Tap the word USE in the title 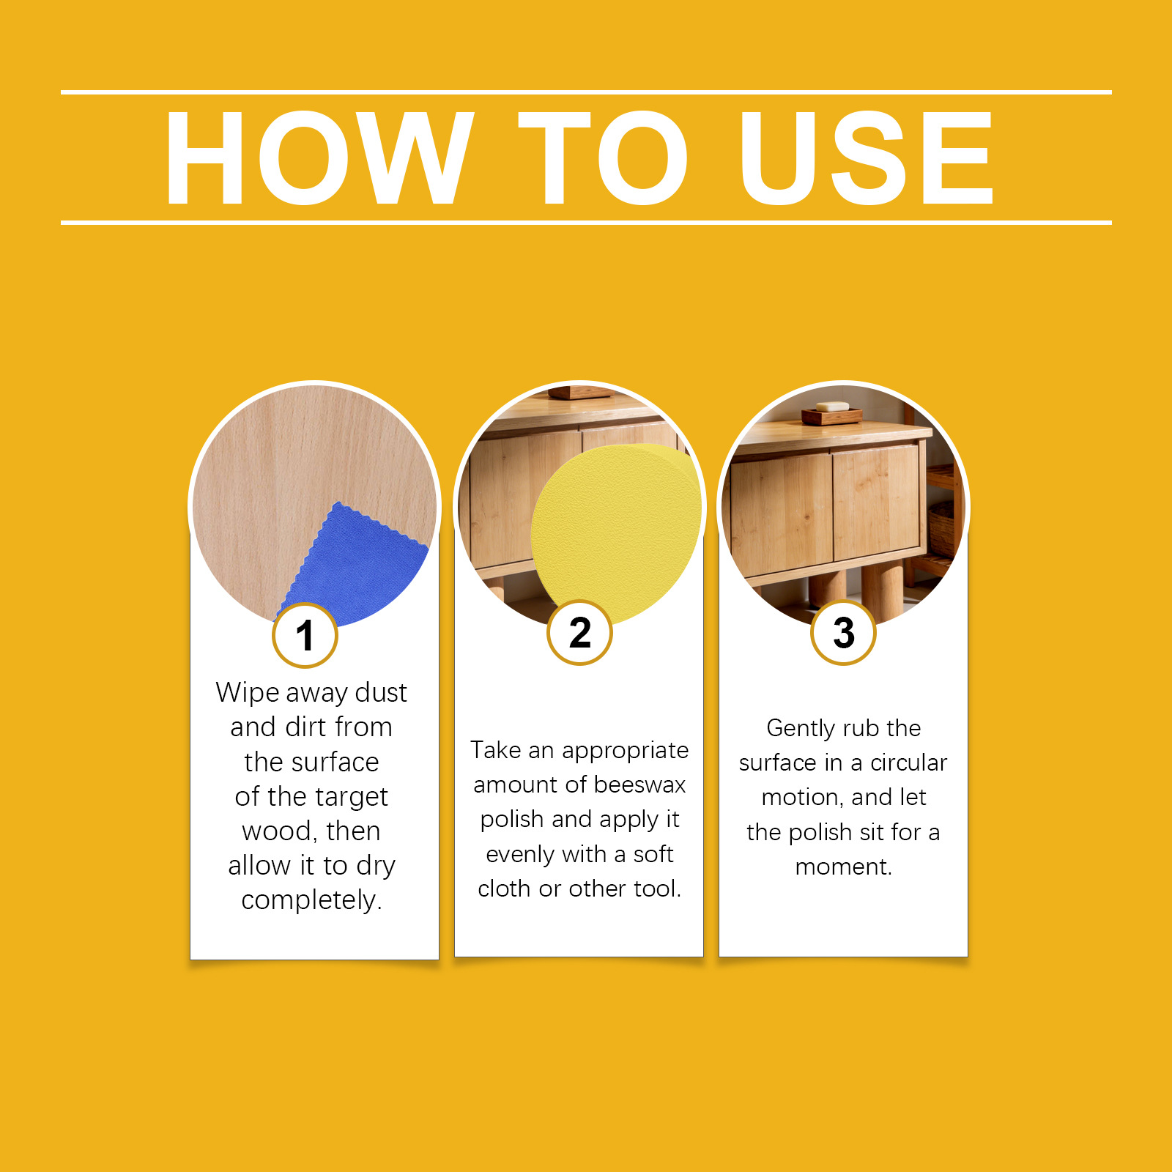pyautogui.click(x=867, y=157)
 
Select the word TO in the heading pyautogui.click(x=603, y=157)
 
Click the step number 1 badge pyautogui.click(x=305, y=635)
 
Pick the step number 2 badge pyautogui.click(x=579, y=632)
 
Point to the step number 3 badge pyautogui.click(x=843, y=632)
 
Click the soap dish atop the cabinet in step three pyautogui.click(x=832, y=412)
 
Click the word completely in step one pyautogui.click(x=311, y=900)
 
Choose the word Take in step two pyautogui.click(x=496, y=750)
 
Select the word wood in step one pyautogui.click(x=279, y=832)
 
